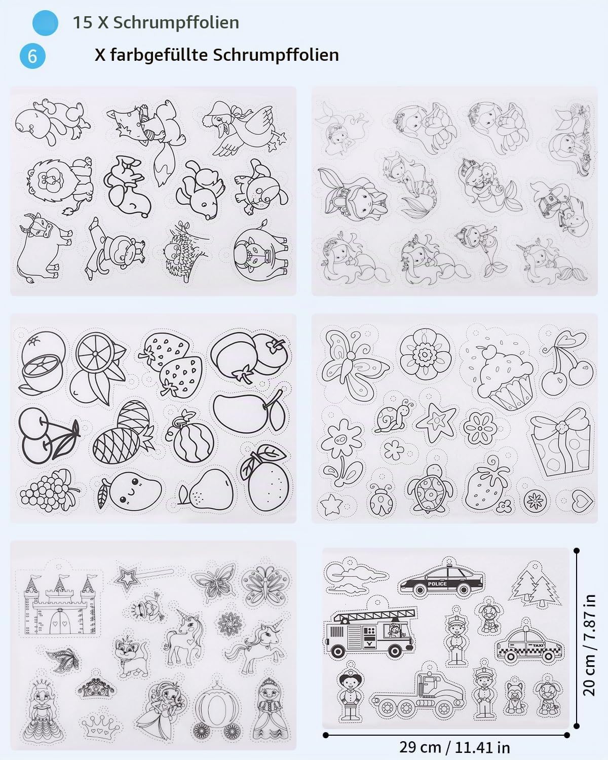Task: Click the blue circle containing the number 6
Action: (x=32, y=56)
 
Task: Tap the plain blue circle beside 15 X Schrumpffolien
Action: (x=45, y=23)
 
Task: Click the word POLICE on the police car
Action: (x=437, y=584)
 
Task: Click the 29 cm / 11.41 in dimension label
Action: (x=454, y=747)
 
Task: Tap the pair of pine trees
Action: (x=534, y=586)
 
